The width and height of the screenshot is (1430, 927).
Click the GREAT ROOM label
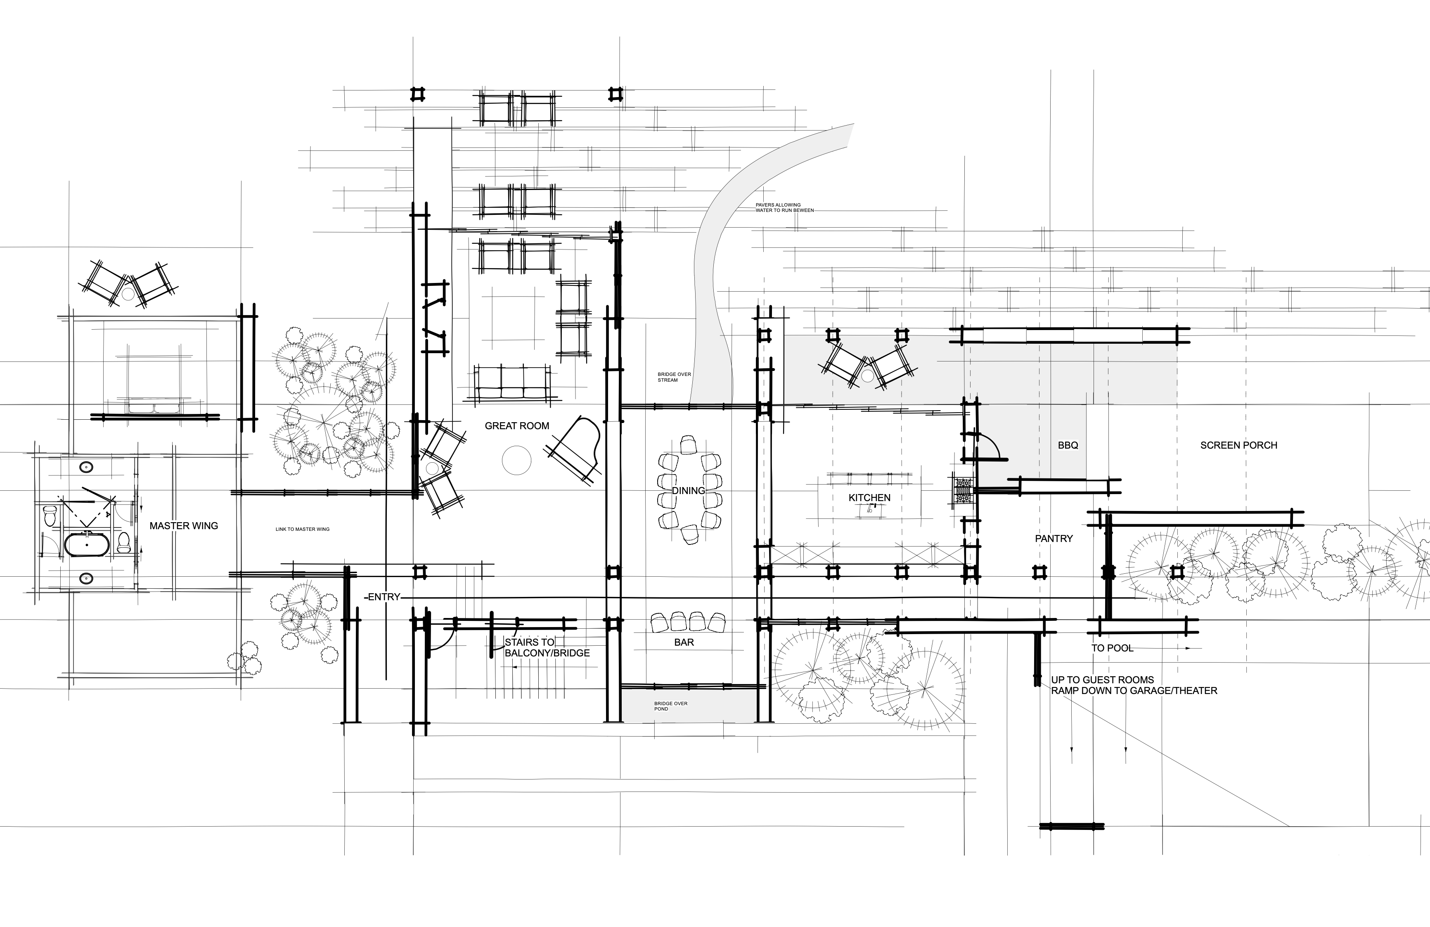click(517, 425)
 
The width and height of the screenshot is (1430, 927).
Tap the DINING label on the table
click(688, 490)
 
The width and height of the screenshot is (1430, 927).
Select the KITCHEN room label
click(869, 498)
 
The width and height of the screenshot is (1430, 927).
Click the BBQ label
click(1068, 445)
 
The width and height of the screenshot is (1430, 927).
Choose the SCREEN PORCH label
click(1238, 445)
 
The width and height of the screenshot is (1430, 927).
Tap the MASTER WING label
click(183, 525)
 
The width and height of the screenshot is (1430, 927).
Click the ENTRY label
click(384, 597)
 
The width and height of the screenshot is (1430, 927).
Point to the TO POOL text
click(1112, 648)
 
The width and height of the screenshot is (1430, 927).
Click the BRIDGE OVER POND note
click(670, 706)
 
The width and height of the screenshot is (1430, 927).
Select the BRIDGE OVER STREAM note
click(674, 377)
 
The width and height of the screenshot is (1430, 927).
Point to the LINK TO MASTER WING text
click(302, 530)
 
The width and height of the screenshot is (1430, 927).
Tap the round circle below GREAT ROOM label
click(517, 461)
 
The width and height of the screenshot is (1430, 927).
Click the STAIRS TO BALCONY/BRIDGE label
click(547, 647)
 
